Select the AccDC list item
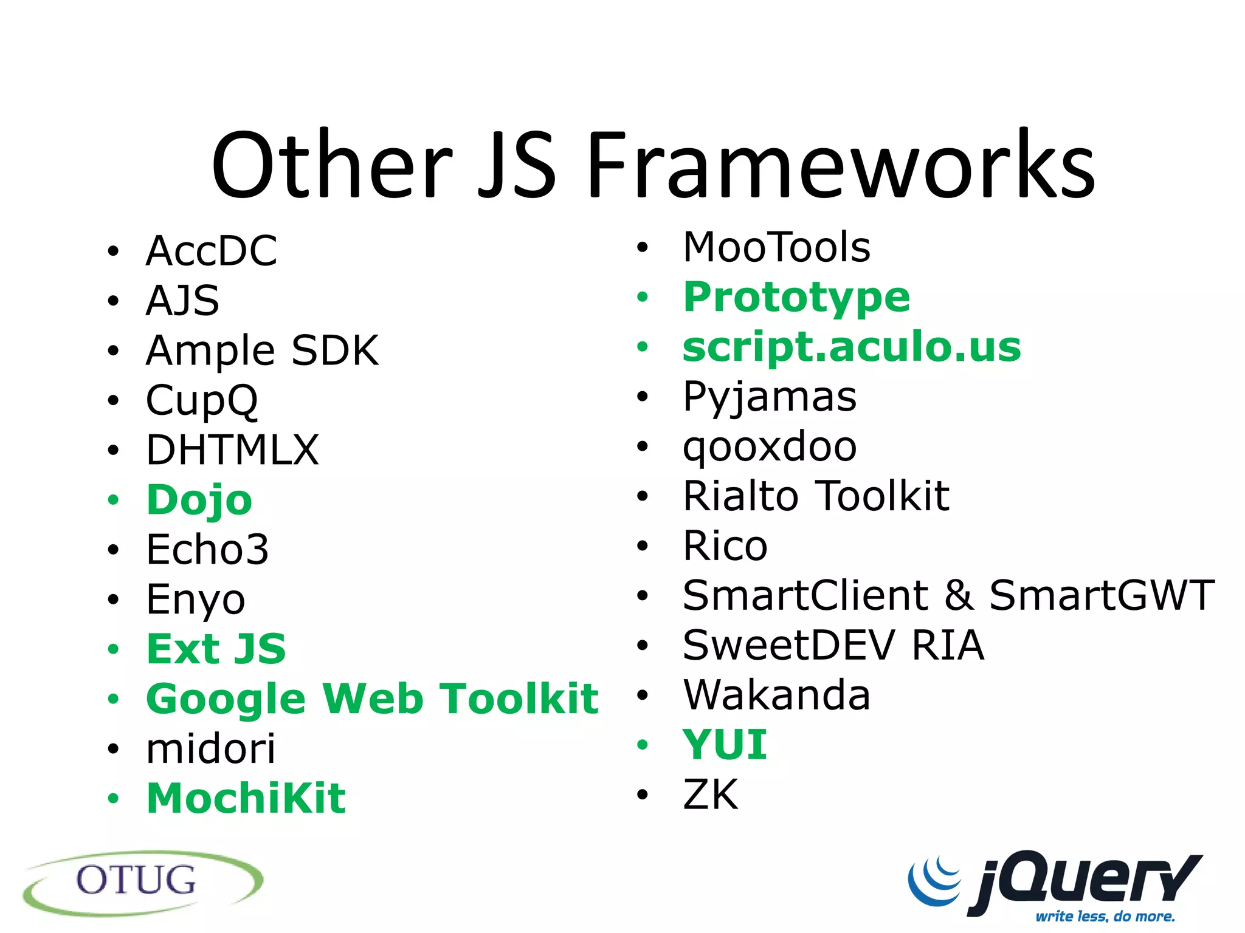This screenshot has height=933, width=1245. tap(211, 251)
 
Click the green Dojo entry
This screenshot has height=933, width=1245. tap(199, 501)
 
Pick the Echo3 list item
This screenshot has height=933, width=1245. tap(207, 550)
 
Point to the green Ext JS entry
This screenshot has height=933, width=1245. tap(216, 649)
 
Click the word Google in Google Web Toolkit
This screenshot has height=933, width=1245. tap(226, 699)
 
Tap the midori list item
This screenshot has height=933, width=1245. tap(210, 748)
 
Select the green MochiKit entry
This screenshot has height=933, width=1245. tap(246, 798)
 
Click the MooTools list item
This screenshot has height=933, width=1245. tap(776, 247)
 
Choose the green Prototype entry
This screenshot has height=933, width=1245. tap(796, 297)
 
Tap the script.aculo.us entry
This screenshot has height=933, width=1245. tap(852, 347)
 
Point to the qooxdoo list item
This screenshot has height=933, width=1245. tap(770, 446)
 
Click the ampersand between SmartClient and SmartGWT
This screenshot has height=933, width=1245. tap(959, 595)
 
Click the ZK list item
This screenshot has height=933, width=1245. tap(710, 794)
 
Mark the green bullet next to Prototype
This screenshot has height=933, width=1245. tap(643, 297)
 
